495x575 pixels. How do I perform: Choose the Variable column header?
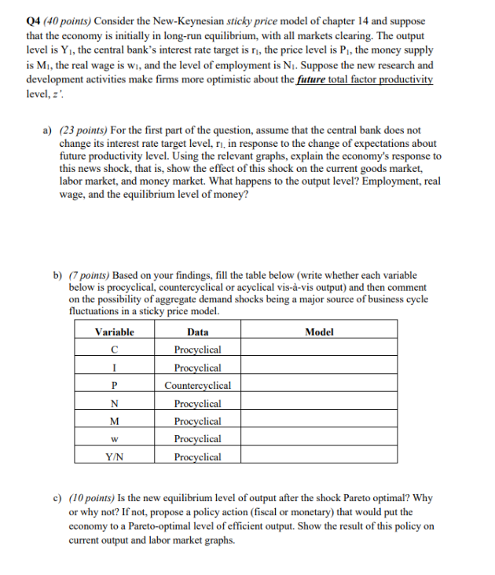[x=115, y=331]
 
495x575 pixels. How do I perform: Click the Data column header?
[x=197, y=331]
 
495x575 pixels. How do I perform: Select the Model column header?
[x=318, y=331]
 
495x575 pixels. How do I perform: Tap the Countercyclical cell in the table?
[x=197, y=385]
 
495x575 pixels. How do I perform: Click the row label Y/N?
[x=115, y=456]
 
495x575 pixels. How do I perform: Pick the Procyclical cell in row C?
[x=197, y=350]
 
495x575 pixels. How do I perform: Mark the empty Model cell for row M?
[x=318, y=421]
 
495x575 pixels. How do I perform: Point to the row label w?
[x=115, y=438]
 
